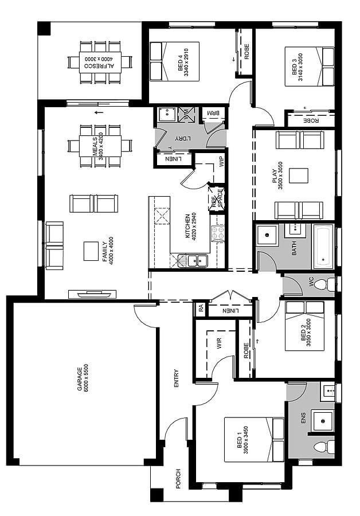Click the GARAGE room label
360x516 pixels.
point(79,379)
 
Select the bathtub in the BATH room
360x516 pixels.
point(324,247)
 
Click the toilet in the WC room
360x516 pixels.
point(324,284)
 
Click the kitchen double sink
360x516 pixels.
point(197,261)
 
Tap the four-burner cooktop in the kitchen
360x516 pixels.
point(217,233)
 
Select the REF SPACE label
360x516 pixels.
point(217,199)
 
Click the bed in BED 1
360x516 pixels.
point(254,439)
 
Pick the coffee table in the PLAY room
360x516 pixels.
point(299,176)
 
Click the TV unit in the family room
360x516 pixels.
point(92,294)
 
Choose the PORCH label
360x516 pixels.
point(178,479)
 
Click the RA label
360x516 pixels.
point(201,308)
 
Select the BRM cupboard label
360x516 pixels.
point(213,113)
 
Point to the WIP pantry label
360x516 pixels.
point(221,161)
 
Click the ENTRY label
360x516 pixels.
point(176,378)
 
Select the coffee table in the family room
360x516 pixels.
point(91,251)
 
